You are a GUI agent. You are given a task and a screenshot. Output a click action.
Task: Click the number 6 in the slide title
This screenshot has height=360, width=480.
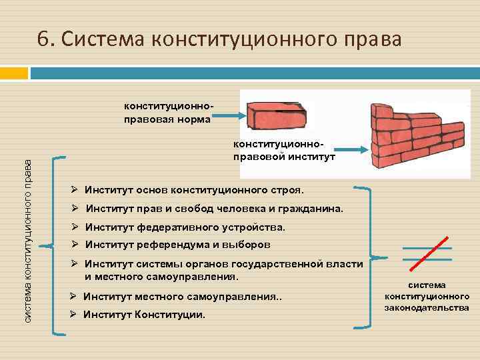[x=45, y=40]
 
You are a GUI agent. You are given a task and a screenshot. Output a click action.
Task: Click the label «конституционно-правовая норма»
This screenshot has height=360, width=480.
[x=167, y=113]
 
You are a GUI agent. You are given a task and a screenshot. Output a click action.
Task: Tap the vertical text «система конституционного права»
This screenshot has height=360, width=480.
[x=28, y=241]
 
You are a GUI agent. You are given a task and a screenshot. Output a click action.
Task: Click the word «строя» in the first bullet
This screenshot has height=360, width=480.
[x=288, y=190]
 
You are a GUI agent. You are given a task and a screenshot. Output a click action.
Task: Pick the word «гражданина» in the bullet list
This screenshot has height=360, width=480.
[x=309, y=209]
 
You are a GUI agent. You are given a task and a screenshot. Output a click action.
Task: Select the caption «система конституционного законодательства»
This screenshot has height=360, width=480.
[x=427, y=297]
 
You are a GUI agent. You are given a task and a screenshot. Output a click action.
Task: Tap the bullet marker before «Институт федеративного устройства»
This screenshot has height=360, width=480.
[x=75, y=227]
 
